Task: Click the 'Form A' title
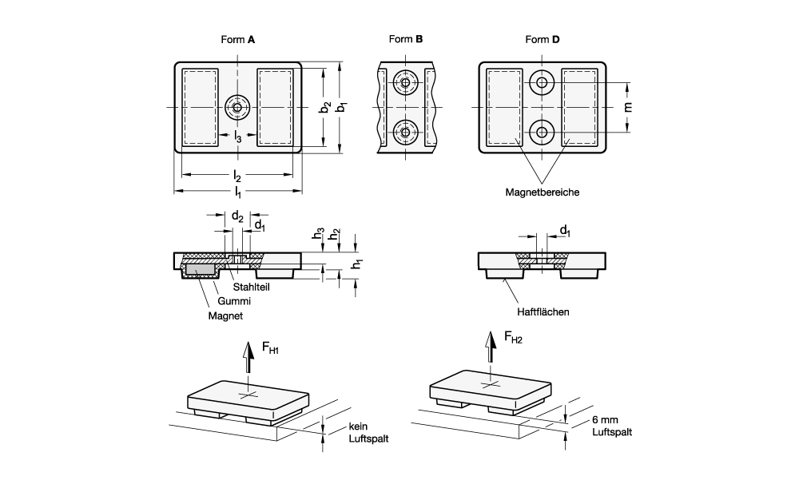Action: click(237, 39)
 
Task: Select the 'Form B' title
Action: click(406, 39)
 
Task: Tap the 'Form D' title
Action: click(543, 39)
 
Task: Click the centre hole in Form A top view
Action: click(237, 106)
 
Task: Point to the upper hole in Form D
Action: click(543, 82)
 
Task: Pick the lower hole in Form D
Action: click(543, 132)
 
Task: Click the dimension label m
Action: click(628, 107)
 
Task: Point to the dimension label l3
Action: click(238, 137)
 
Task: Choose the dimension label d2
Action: click(237, 215)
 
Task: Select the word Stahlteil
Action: click(251, 286)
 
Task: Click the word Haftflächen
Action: click(542, 312)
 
